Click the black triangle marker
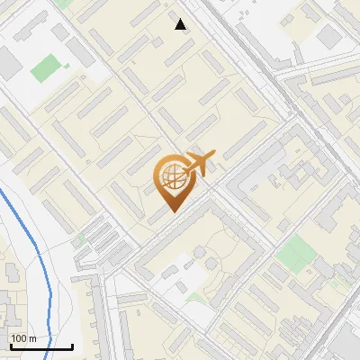tap(181, 24)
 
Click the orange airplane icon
tap(199, 164)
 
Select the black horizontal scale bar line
tap(41, 346)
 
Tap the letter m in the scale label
tap(32, 339)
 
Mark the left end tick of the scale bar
tap(10, 345)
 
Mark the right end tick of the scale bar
tap(73, 345)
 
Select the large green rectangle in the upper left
tap(45, 67)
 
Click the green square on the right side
tap(292, 257)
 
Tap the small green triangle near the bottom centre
tap(196, 296)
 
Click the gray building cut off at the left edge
tap(6, 62)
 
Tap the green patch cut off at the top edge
tap(63, 3)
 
